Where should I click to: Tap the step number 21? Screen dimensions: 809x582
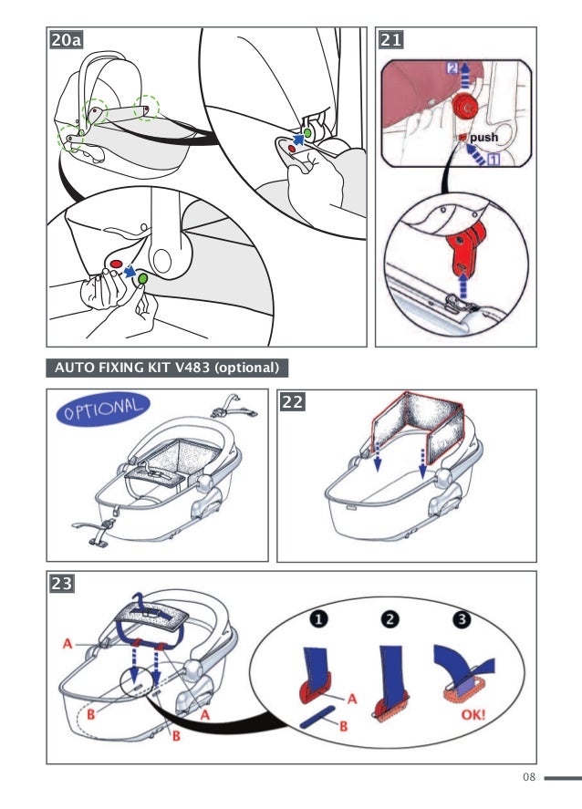pyautogui.click(x=390, y=41)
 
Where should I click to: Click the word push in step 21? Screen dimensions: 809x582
pyautogui.click(x=483, y=138)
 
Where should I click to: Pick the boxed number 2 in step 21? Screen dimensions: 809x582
pyautogui.click(x=453, y=68)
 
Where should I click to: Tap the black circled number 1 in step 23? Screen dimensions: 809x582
pyautogui.click(x=320, y=620)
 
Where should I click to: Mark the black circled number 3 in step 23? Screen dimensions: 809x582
pyautogui.click(x=461, y=620)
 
